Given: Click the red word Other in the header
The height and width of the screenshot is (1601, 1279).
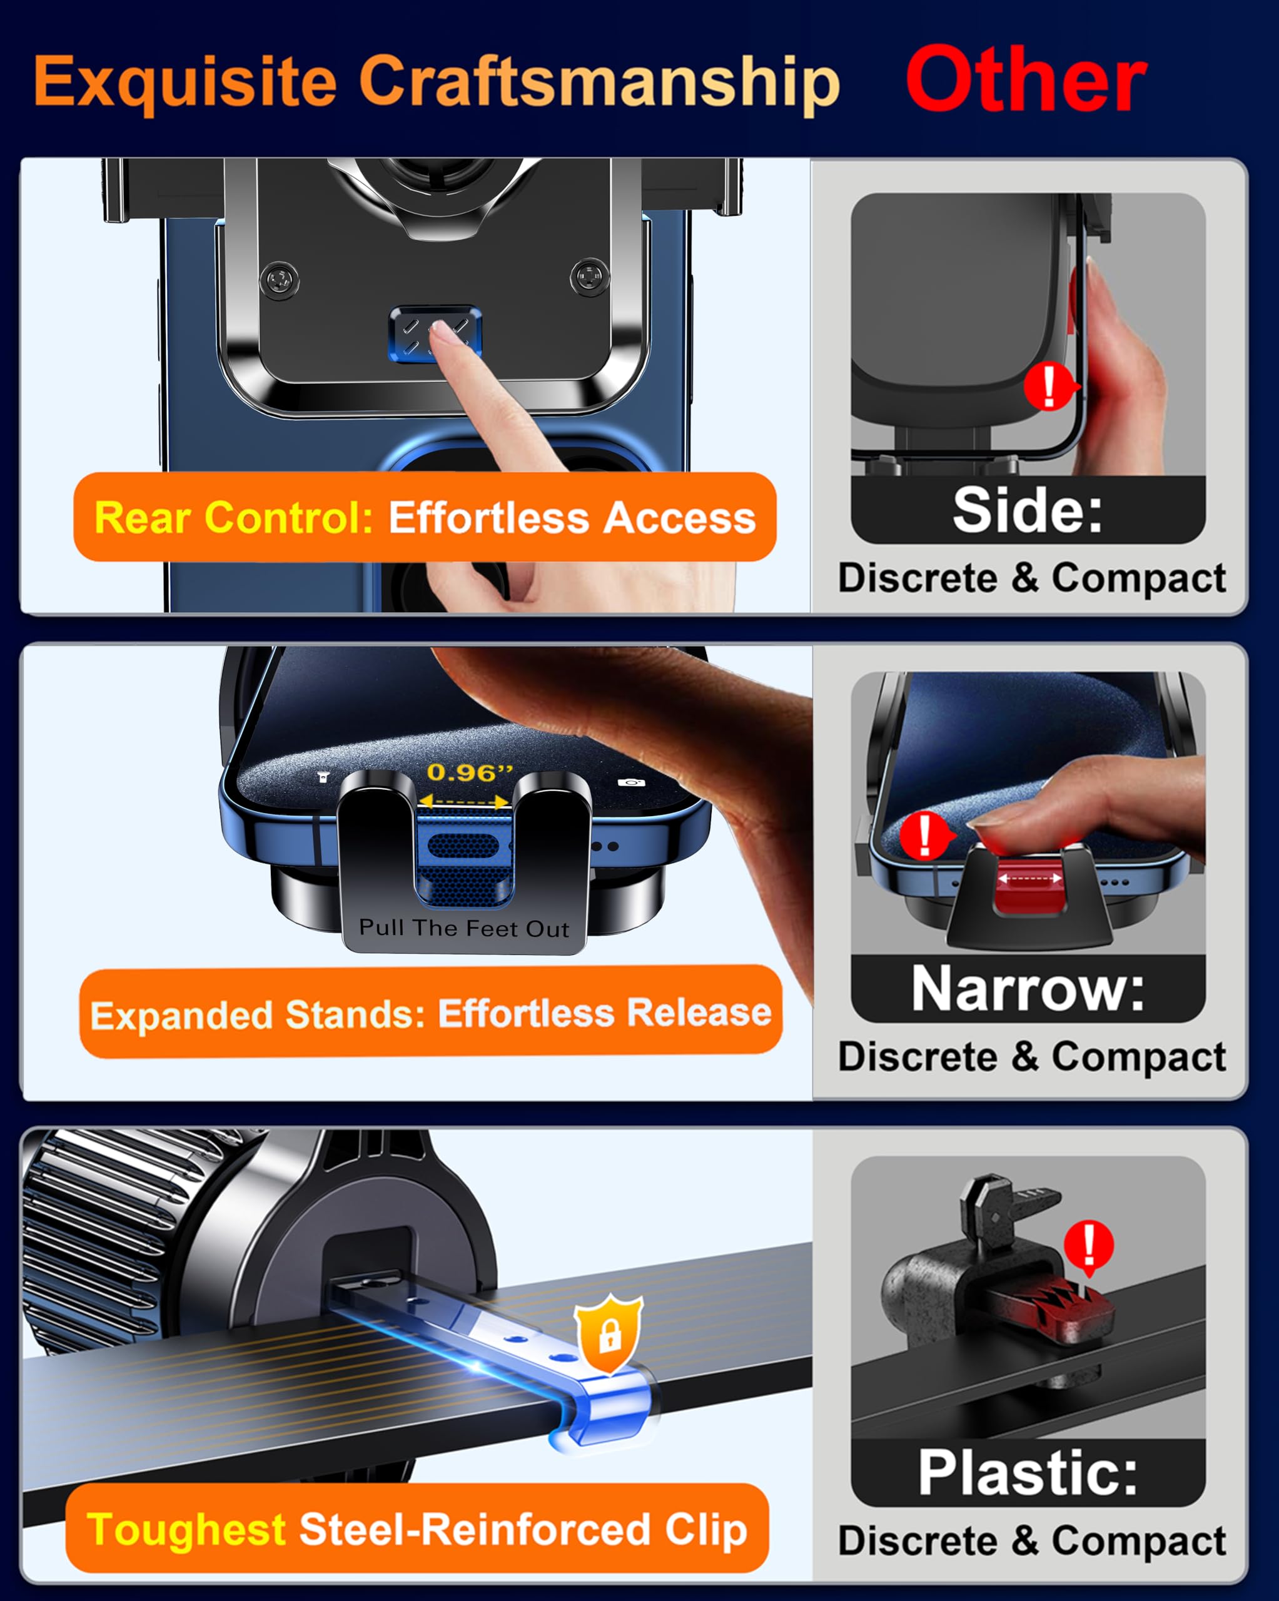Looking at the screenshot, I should [x=1026, y=79].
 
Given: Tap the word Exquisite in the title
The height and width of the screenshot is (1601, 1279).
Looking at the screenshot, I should [x=185, y=82].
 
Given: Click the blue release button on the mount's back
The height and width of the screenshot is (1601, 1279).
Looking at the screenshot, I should [x=435, y=333].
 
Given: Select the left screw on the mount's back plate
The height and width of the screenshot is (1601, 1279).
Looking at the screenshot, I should [x=280, y=280].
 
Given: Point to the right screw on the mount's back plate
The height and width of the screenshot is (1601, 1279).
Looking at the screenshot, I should [x=590, y=278].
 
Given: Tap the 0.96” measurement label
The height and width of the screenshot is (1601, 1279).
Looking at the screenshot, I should [x=470, y=772].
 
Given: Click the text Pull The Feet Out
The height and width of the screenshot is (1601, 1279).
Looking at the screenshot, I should [x=463, y=927].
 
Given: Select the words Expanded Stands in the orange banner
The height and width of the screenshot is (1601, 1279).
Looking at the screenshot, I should [x=256, y=1014].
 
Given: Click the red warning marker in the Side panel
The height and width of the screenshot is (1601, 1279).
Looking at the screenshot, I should [x=1049, y=385].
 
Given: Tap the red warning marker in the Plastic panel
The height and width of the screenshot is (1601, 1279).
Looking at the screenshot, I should [x=1088, y=1245].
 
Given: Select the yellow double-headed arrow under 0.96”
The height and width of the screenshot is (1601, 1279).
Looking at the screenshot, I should [x=464, y=801].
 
